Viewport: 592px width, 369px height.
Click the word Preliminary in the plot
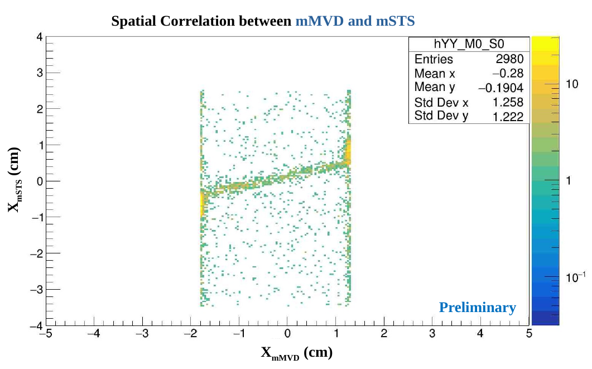(x=477, y=308)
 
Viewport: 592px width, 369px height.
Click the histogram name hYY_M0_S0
(x=469, y=45)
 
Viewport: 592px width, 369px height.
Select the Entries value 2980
(x=509, y=59)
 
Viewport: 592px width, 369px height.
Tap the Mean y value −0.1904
(x=500, y=88)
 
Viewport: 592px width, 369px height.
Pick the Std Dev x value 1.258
(x=508, y=102)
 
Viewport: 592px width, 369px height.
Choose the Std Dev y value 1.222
(x=508, y=116)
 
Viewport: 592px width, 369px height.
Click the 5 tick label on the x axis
(x=528, y=334)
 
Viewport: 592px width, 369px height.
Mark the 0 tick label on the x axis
(x=287, y=334)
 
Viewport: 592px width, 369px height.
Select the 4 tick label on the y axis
(x=39, y=37)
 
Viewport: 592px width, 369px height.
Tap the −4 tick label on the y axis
(x=36, y=325)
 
